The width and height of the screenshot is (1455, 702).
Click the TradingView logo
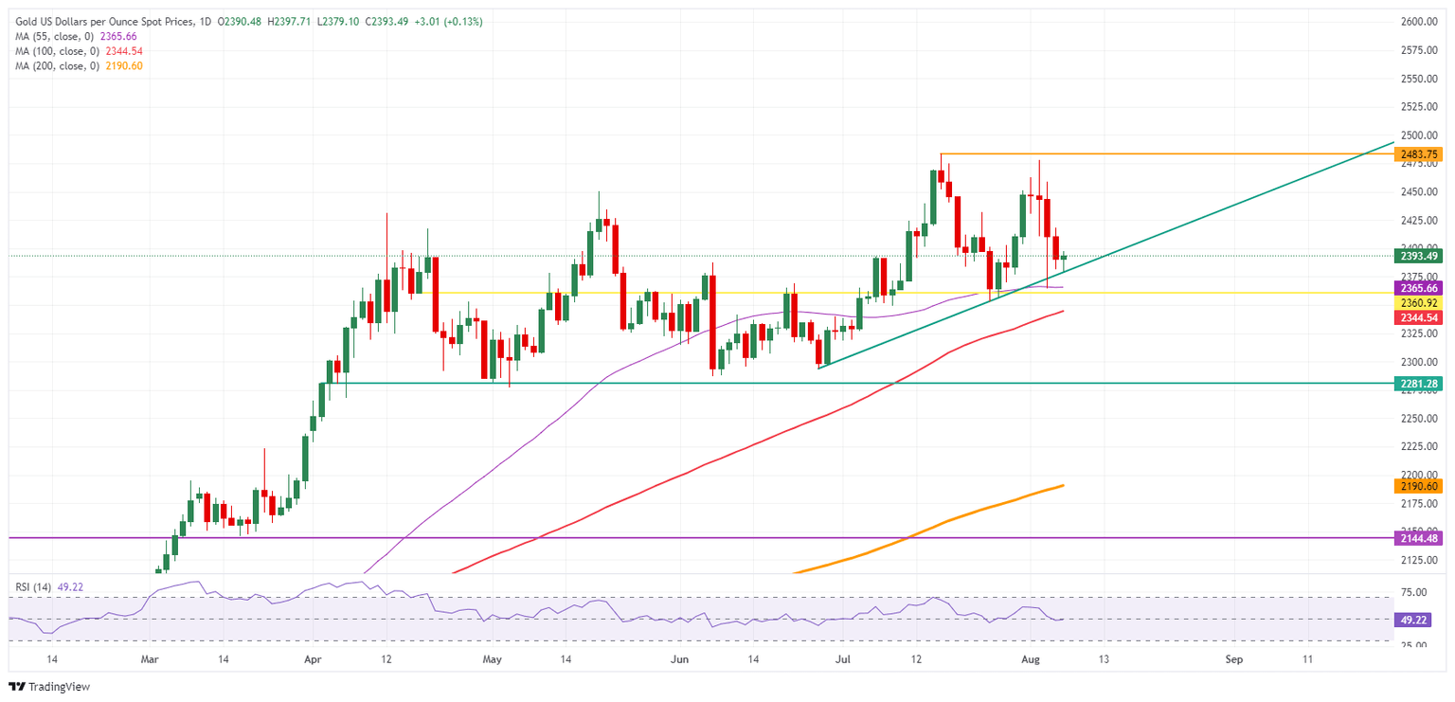49,686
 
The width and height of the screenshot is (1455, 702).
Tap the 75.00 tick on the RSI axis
1414,593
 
